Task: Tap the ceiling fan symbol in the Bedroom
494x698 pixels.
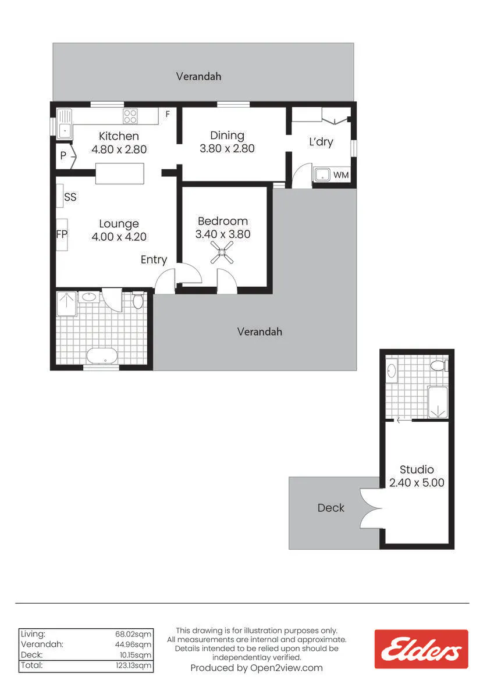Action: click(x=222, y=252)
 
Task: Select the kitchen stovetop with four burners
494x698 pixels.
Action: click(x=130, y=116)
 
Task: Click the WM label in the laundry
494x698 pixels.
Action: click(x=340, y=175)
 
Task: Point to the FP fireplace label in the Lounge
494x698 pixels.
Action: click(x=62, y=234)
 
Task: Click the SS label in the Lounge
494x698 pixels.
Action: click(x=70, y=197)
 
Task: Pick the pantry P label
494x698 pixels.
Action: click(x=63, y=155)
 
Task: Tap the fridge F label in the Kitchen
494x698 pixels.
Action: click(x=168, y=115)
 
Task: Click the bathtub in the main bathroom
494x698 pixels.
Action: click(x=102, y=355)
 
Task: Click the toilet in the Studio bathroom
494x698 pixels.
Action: click(x=439, y=365)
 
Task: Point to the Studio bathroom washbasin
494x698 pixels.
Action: click(x=392, y=371)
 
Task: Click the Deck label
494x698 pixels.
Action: click(x=330, y=508)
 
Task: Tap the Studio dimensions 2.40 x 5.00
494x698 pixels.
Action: click(x=417, y=483)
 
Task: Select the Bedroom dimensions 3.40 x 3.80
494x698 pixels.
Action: click(x=223, y=234)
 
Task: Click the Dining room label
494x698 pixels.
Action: click(x=227, y=136)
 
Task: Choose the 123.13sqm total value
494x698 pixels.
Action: click(x=133, y=665)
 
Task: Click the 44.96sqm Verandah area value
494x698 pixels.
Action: click(x=133, y=644)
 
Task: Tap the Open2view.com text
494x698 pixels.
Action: click(x=286, y=668)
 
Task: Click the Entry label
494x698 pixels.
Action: click(x=154, y=259)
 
